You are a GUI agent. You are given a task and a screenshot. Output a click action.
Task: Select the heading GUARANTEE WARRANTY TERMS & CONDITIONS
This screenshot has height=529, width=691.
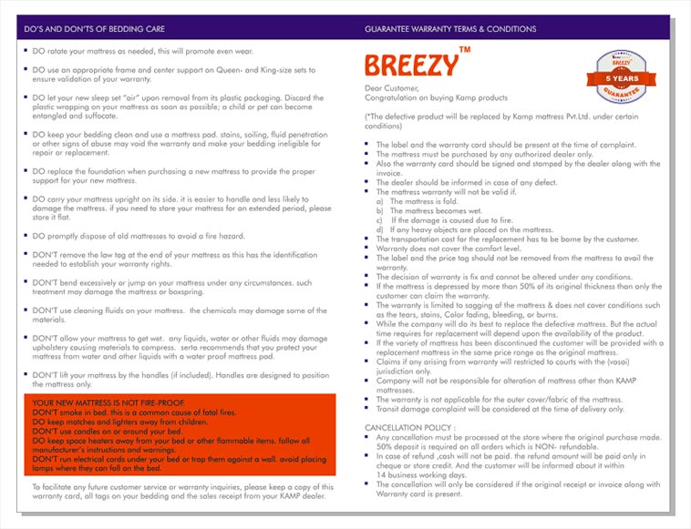[x=450, y=29]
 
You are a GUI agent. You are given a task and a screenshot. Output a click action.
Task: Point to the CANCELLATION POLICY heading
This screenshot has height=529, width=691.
[x=408, y=426]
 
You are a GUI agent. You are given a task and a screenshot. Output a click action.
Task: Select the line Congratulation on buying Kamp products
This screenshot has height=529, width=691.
[x=436, y=97]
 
